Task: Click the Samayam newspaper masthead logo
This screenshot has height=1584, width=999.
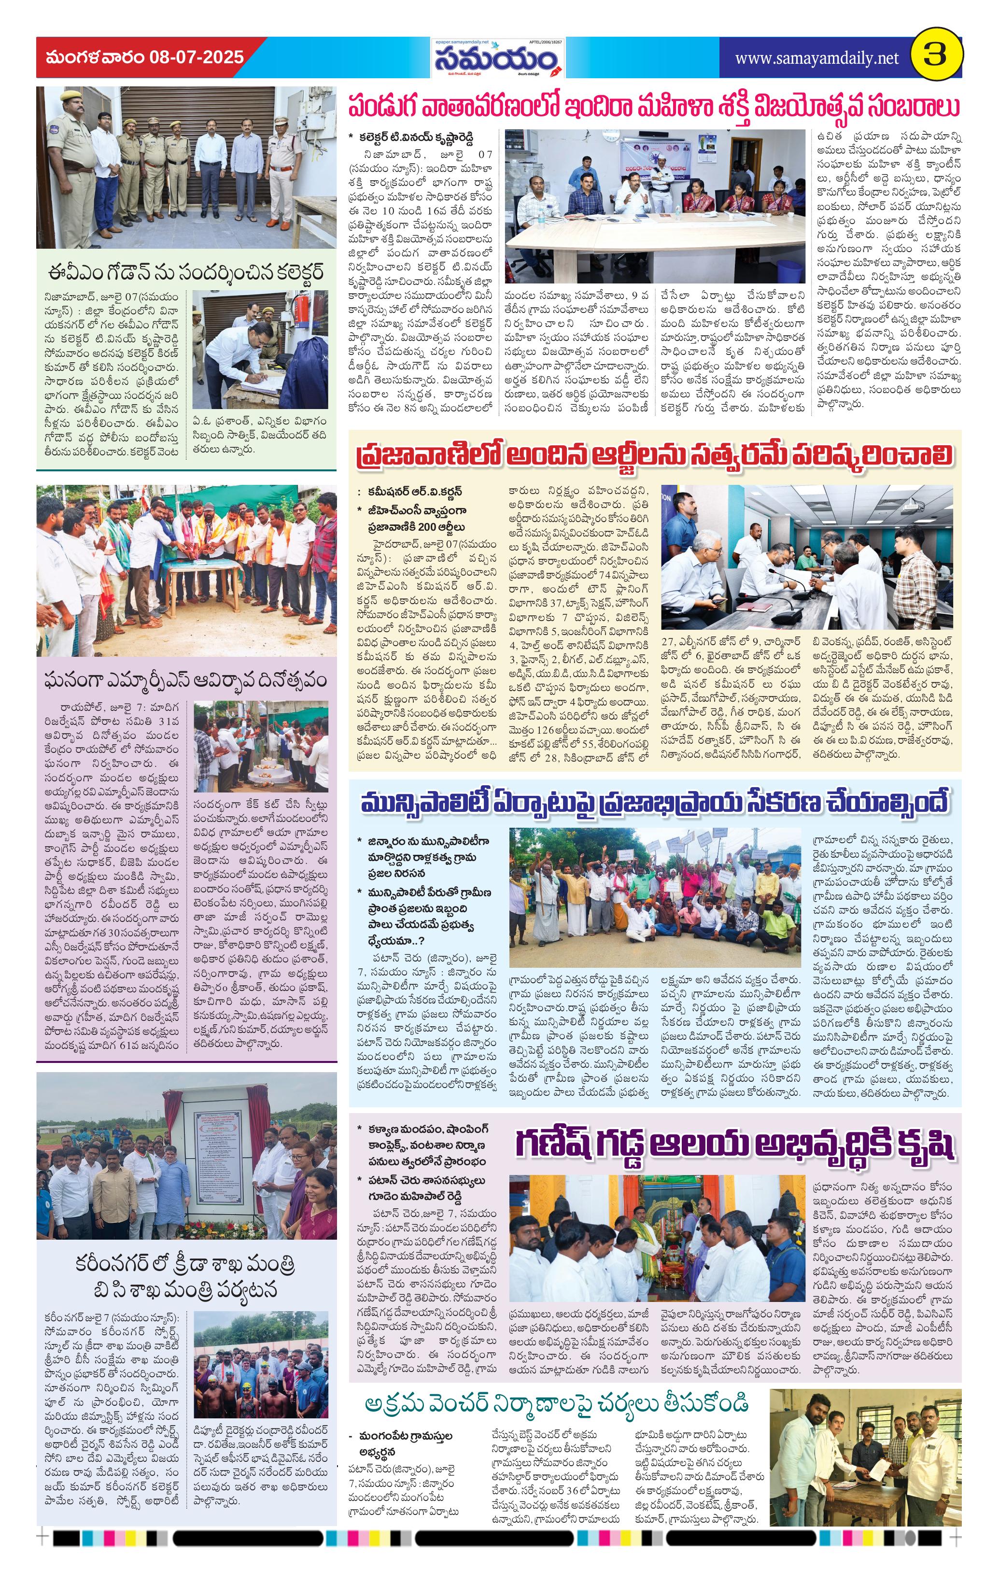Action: (498, 60)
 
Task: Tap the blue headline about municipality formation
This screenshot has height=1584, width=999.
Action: (654, 803)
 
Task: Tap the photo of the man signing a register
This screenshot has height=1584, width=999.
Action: (260, 349)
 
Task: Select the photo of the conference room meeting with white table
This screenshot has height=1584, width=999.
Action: (654, 206)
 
